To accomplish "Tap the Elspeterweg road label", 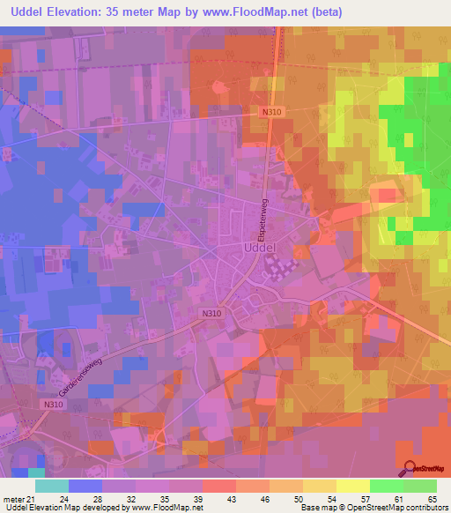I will [262, 221].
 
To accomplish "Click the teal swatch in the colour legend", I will [52, 486].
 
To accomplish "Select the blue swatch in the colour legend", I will [85, 486].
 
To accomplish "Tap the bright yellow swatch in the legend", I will [352, 486].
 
